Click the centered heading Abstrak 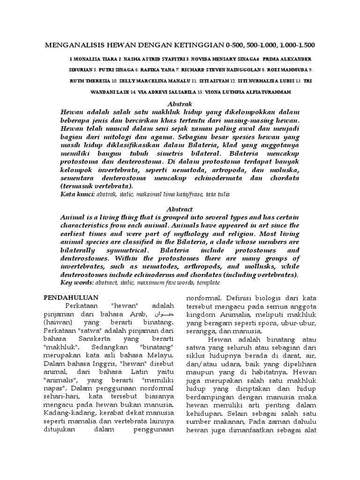(x=180, y=104)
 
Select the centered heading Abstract (x=180, y=209)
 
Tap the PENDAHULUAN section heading (x=70, y=297)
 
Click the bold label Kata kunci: (x=77, y=193)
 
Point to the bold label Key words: (x=77, y=283)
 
